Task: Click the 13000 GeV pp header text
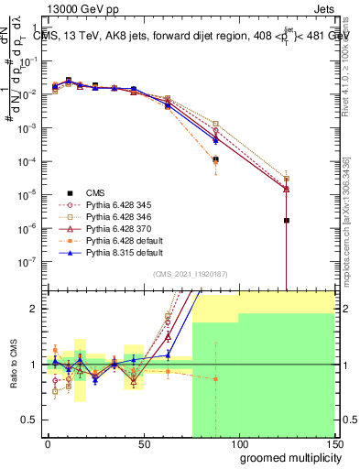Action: [x=76, y=7]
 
